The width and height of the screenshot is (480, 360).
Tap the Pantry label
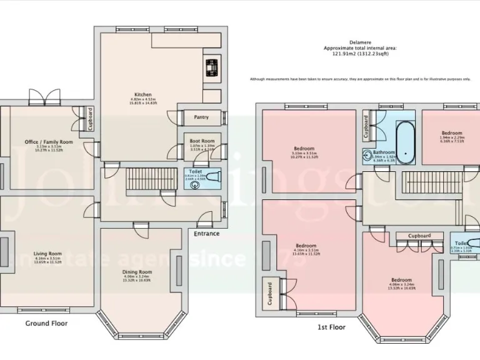click(201, 117)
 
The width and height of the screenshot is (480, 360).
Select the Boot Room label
click(202, 141)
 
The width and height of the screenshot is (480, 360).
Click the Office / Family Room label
click(49, 142)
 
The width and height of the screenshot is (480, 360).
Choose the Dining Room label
click(136, 272)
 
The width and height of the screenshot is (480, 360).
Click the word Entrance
click(206, 234)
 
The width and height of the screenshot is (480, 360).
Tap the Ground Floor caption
click(46, 323)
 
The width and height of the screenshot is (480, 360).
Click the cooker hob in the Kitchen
click(212, 66)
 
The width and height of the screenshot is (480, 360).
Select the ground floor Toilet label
click(195, 171)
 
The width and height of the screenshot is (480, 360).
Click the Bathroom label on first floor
click(384, 152)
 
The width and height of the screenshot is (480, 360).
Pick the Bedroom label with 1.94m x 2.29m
click(451, 133)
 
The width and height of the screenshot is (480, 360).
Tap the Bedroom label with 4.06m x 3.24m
click(401, 279)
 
